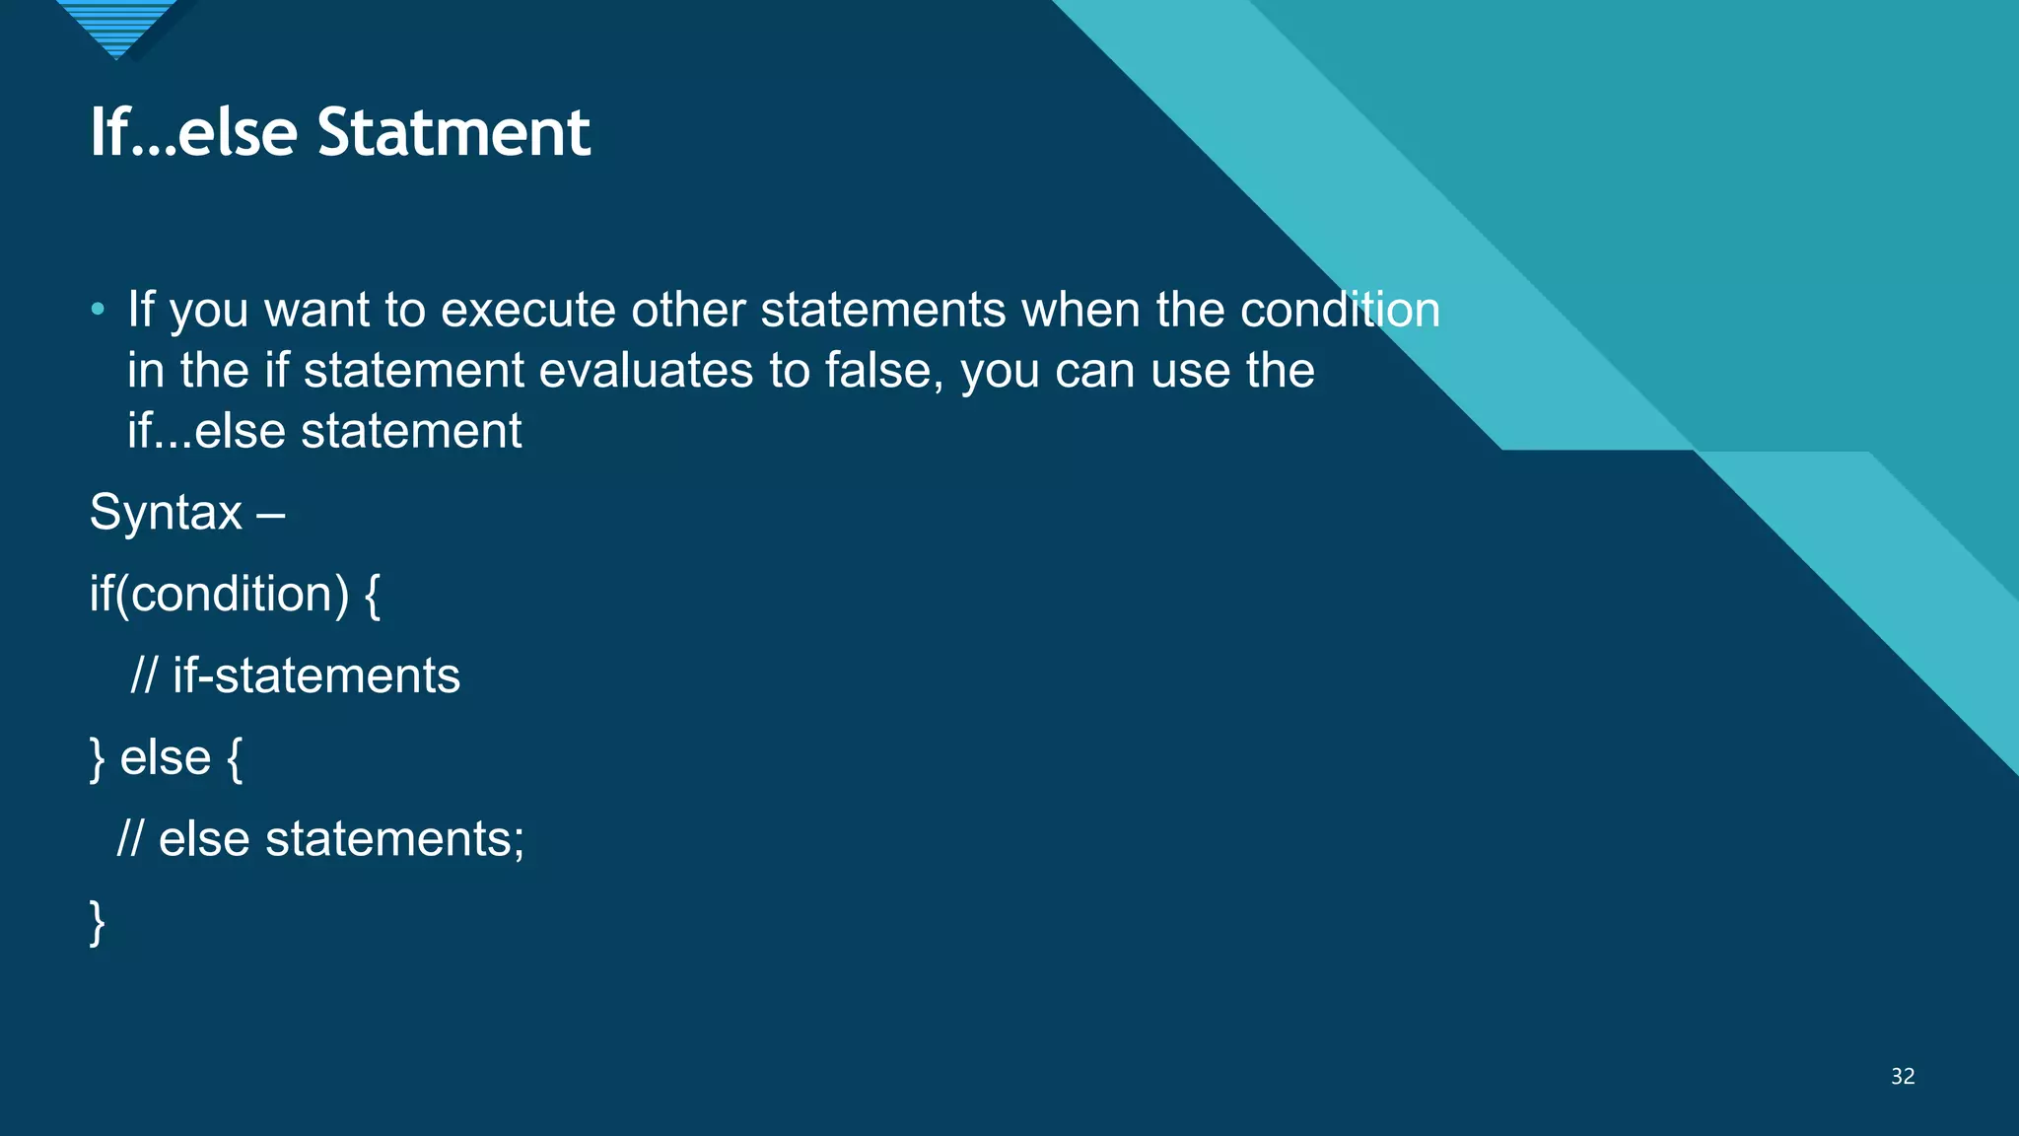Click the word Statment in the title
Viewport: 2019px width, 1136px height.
tap(453, 132)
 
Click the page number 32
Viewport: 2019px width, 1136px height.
tap(1903, 1076)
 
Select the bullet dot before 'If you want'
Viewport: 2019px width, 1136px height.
tap(97, 310)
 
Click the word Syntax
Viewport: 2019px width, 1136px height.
tap(166, 513)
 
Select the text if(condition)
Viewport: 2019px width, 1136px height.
tap(219, 594)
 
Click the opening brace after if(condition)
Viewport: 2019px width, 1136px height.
tap(372, 596)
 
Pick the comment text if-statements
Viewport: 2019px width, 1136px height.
tap(316, 676)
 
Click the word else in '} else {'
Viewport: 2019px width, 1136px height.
tap(165, 758)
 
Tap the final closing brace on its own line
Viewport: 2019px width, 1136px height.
tap(97, 923)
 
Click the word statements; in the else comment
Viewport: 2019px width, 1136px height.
tap(394, 839)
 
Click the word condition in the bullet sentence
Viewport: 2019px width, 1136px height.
tap(1340, 310)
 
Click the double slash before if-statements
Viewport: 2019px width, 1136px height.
tap(143, 676)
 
